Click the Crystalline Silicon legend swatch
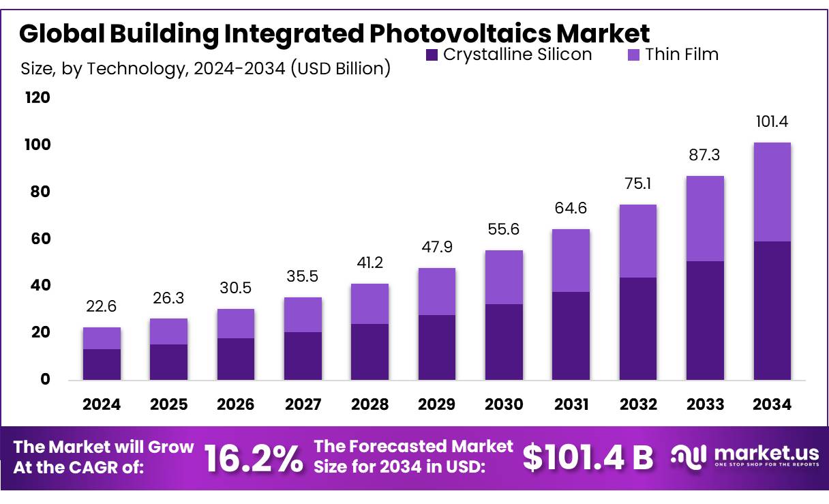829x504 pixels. pos(432,55)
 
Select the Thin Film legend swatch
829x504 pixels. pos(633,55)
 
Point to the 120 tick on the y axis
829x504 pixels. pos(37,98)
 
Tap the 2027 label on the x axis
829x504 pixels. pos(303,404)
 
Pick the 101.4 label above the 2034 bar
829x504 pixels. pos(772,123)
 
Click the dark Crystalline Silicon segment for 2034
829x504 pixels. pos(772,310)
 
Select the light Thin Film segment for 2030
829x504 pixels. pos(504,277)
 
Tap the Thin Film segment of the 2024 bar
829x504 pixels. pos(102,338)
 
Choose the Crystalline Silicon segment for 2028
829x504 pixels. pos(370,351)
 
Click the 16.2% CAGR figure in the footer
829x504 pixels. pos(254,459)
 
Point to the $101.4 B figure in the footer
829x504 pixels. pos(588,458)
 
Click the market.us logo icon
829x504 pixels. pos(687,456)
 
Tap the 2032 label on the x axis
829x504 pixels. pos(638,404)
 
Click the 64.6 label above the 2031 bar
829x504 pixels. pos(571,208)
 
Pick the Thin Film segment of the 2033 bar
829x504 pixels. pos(705,218)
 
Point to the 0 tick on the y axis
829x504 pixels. pos(45,380)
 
